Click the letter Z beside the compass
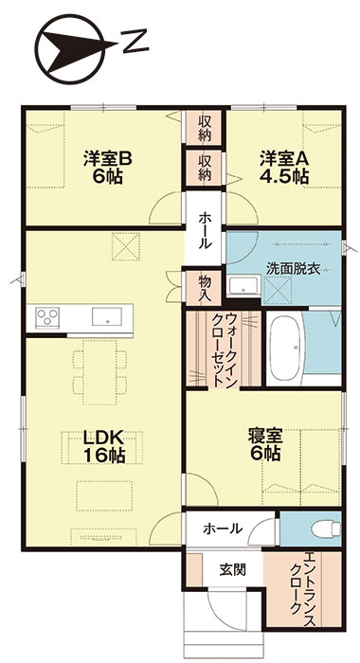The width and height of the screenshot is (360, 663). pyautogui.click(x=136, y=41)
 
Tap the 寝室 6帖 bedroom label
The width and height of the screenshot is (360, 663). pyautogui.click(x=264, y=444)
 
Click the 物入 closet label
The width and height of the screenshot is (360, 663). pyautogui.click(x=205, y=282)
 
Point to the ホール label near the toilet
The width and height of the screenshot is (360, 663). pyautogui.click(x=222, y=529)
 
